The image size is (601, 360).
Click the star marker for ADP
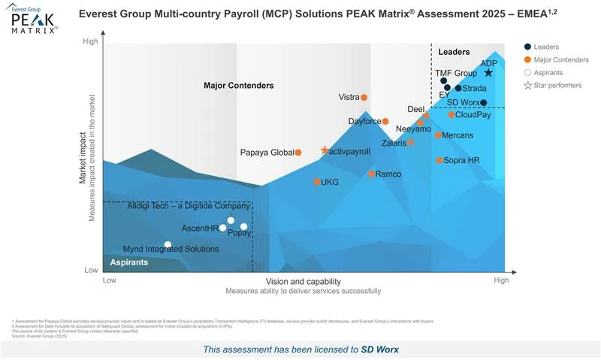click(x=488, y=73)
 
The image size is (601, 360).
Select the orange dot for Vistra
click(x=364, y=97)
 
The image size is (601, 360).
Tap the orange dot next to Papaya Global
click(x=298, y=153)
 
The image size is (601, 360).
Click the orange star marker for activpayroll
click(x=325, y=151)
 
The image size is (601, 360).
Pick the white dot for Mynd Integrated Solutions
click(x=168, y=245)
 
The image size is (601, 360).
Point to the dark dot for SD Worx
click(x=484, y=103)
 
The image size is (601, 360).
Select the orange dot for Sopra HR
click(x=439, y=160)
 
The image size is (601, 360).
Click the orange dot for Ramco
click(x=371, y=174)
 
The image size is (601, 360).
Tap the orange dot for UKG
click(x=317, y=182)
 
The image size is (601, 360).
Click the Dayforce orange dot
click(x=385, y=121)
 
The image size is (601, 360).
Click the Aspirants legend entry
click(x=548, y=73)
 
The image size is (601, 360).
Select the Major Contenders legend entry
click(x=560, y=60)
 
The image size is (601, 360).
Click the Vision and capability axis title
click(x=303, y=281)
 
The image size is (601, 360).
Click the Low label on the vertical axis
click(x=91, y=270)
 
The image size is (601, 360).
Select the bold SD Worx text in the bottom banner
click(x=381, y=349)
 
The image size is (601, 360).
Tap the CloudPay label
click(x=473, y=115)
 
